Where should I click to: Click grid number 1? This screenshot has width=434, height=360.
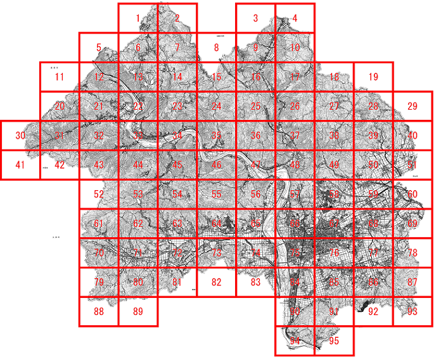(x=137, y=18)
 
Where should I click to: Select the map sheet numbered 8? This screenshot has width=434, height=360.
(x=216, y=48)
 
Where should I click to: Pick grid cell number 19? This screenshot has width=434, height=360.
(x=373, y=77)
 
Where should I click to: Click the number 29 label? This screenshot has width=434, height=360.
(x=412, y=106)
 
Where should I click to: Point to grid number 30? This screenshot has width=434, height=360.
(x=20, y=136)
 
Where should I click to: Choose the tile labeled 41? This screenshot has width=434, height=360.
(x=20, y=165)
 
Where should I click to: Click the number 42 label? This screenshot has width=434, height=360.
(x=60, y=165)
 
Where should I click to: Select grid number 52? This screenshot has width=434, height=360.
(x=99, y=194)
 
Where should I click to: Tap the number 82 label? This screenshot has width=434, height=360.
(x=216, y=282)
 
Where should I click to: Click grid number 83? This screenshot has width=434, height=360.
(x=255, y=282)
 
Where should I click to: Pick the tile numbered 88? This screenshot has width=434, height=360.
(x=99, y=311)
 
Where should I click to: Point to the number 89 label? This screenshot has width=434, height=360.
(x=138, y=311)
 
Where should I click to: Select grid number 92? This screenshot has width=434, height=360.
(x=373, y=311)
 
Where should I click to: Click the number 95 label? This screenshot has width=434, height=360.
(x=334, y=341)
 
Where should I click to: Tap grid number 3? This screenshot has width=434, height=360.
(x=255, y=18)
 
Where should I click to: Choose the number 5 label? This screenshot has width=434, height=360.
(x=99, y=48)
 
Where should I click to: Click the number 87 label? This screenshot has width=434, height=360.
(x=412, y=282)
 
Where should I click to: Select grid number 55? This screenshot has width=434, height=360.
(x=216, y=194)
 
